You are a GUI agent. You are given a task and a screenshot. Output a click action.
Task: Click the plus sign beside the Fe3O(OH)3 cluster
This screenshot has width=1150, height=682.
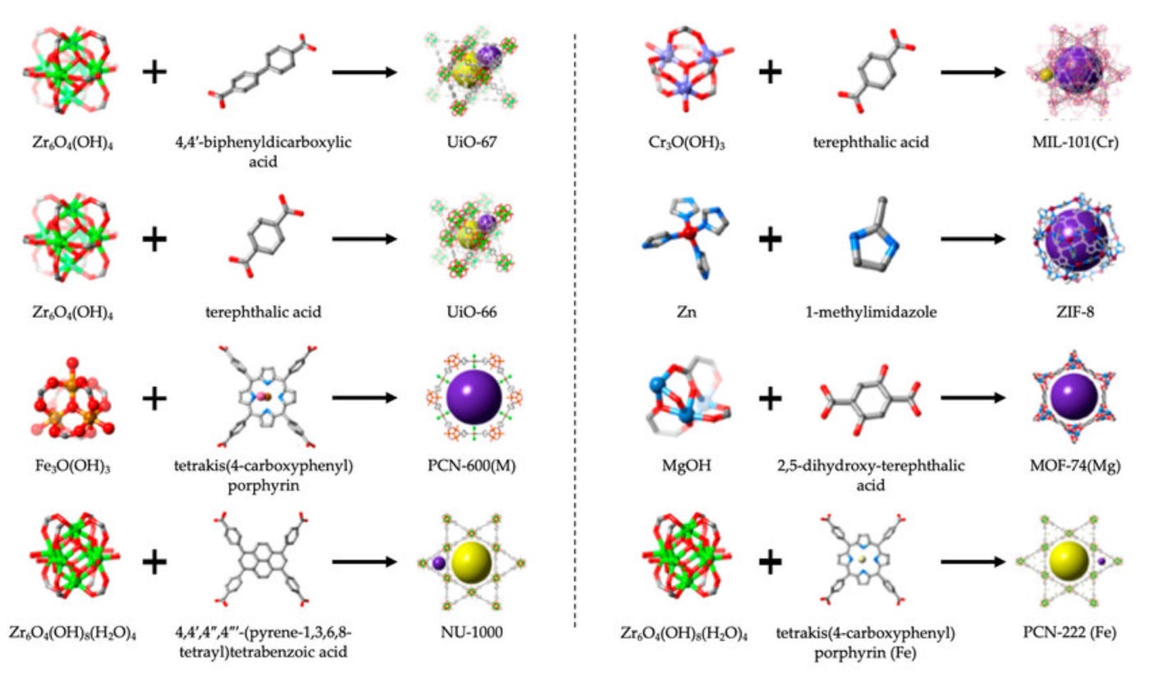pyautogui.click(x=154, y=399)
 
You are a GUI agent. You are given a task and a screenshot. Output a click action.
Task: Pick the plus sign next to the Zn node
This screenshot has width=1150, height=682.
pyautogui.click(x=770, y=240)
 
